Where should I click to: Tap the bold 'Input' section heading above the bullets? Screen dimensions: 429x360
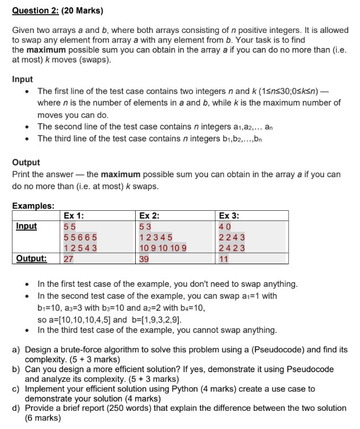(22, 79)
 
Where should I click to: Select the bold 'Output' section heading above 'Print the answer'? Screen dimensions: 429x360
(26, 162)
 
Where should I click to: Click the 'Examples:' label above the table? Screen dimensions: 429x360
(33, 206)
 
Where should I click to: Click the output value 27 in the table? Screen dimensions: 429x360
(68, 259)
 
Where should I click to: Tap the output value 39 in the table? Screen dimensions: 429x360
(144, 259)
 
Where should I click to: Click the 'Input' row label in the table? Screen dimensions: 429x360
(26, 226)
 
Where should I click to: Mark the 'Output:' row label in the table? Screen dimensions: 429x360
(31, 259)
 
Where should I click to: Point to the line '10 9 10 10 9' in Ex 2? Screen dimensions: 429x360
(162, 248)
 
